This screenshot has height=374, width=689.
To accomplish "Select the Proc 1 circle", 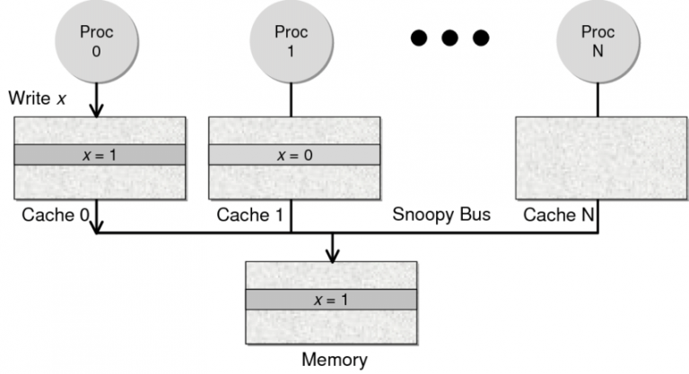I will tap(291, 39).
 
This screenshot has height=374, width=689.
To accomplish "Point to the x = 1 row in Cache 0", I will tap(100, 153).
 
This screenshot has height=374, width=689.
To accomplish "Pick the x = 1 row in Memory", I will tap(332, 300).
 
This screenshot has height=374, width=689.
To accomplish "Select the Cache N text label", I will tap(556, 216).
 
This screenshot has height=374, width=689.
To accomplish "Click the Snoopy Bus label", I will tap(436, 216).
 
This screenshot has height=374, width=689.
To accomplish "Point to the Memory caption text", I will tap(333, 361).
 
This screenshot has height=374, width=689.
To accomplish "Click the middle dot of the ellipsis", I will tap(449, 38).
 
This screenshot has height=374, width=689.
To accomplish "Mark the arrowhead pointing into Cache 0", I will tap(96, 109).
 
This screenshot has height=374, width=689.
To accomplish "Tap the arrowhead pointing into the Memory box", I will tap(333, 256).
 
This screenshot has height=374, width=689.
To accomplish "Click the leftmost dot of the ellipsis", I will tap(418, 38).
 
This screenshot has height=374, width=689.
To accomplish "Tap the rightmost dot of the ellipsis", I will tap(481, 38).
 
